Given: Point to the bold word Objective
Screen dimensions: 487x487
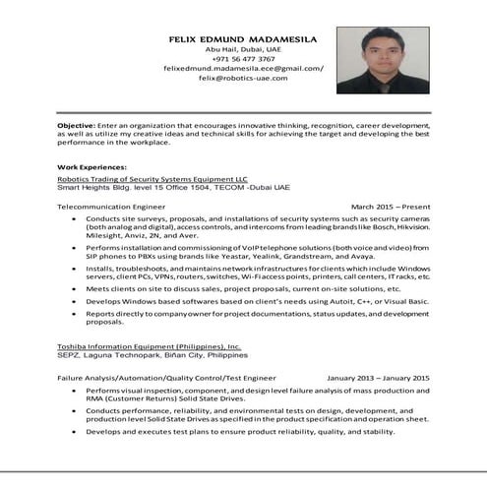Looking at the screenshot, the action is [x=75, y=126].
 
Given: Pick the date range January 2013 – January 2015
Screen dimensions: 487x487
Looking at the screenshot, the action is [x=378, y=378].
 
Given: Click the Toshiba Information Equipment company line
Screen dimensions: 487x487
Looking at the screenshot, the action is [x=149, y=347].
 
